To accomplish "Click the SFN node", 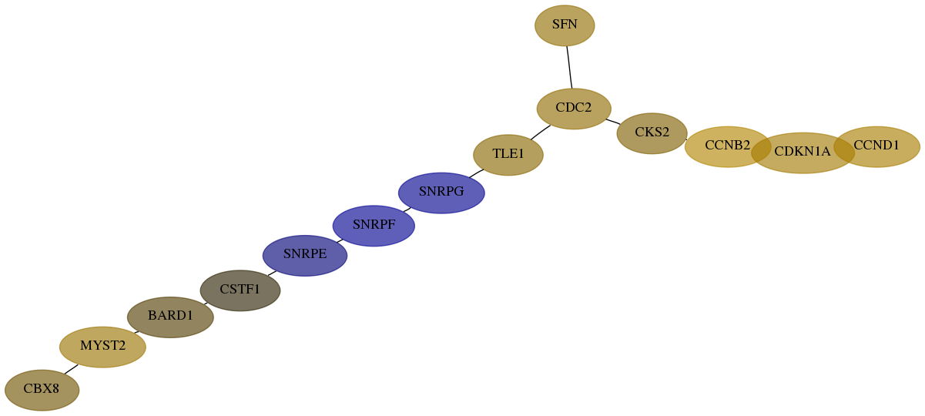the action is (565, 25).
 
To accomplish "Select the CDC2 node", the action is (574, 109).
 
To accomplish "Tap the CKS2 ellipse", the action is (652, 133).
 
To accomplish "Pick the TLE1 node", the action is (508, 155).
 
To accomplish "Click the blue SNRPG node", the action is (441, 193).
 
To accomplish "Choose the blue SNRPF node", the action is (374, 226).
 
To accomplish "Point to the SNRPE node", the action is (305, 256).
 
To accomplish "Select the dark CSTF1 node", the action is (240, 290).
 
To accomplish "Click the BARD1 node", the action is (170, 317).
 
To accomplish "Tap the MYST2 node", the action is (102, 347).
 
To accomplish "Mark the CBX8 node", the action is (42, 390).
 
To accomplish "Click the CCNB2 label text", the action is (727, 146).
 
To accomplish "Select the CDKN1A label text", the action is (802, 152).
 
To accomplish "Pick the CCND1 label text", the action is (876, 146).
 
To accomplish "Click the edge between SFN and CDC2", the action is (569, 67).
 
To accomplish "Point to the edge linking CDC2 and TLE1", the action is (540, 132).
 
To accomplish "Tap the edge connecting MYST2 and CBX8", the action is (71, 369).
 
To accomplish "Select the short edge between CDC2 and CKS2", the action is (613, 122).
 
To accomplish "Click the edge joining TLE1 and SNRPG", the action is (476, 173).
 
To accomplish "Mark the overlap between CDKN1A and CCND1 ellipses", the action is (843, 148).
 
